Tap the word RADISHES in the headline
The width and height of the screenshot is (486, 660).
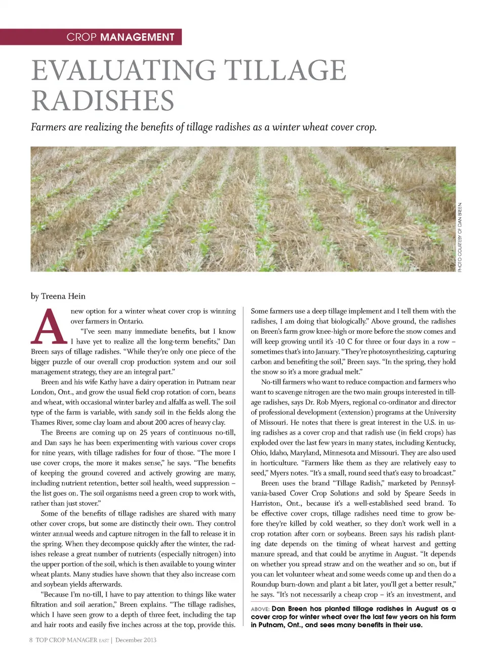click(x=103, y=100)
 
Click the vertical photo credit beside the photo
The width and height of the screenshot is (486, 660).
click(x=460, y=237)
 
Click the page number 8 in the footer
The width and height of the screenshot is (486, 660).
click(x=31, y=640)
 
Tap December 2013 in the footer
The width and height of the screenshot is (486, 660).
click(x=136, y=640)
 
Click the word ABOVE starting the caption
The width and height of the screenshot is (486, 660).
click(x=260, y=609)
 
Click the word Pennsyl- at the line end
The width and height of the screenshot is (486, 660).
click(x=442, y=483)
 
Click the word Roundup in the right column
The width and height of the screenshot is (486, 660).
click(x=264, y=584)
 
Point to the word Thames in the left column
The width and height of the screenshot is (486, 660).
click(x=42, y=422)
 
